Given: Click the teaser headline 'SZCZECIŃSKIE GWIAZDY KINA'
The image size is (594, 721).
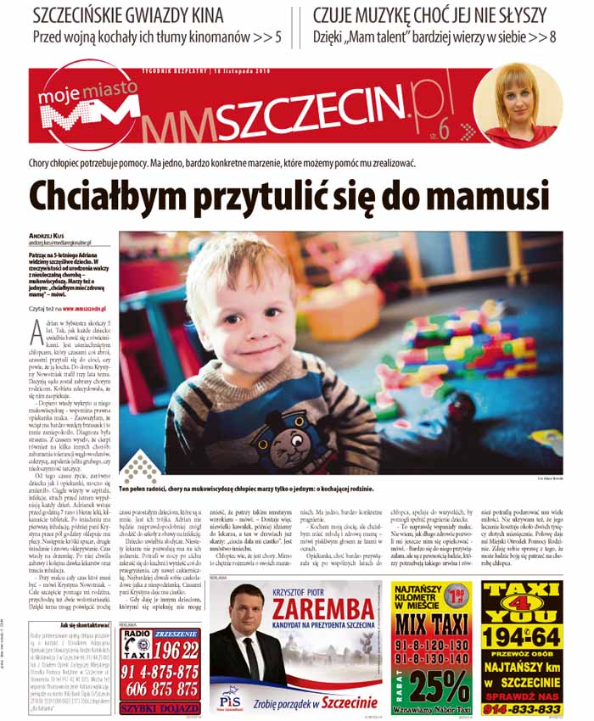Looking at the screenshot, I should pyautogui.click(x=128, y=14).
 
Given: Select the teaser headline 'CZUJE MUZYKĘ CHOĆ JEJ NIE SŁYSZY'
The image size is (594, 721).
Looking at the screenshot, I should pyautogui.click(x=434, y=14).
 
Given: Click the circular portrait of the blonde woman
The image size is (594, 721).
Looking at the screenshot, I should pyautogui.click(x=517, y=104).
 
